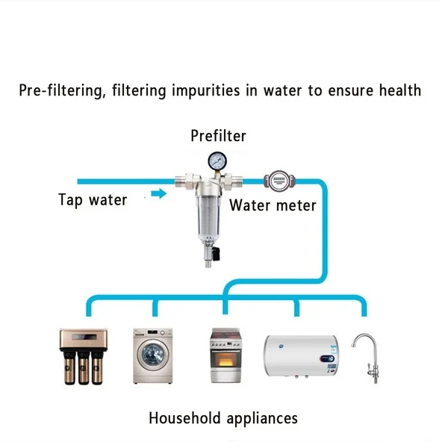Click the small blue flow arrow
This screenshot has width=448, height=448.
[x=158, y=195]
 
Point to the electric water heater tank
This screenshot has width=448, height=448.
[x=300, y=358]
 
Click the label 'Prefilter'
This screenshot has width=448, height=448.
[x=218, y=136]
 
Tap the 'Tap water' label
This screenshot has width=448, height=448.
[x=93, y=199]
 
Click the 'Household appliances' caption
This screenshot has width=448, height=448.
[x=223, y=417]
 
